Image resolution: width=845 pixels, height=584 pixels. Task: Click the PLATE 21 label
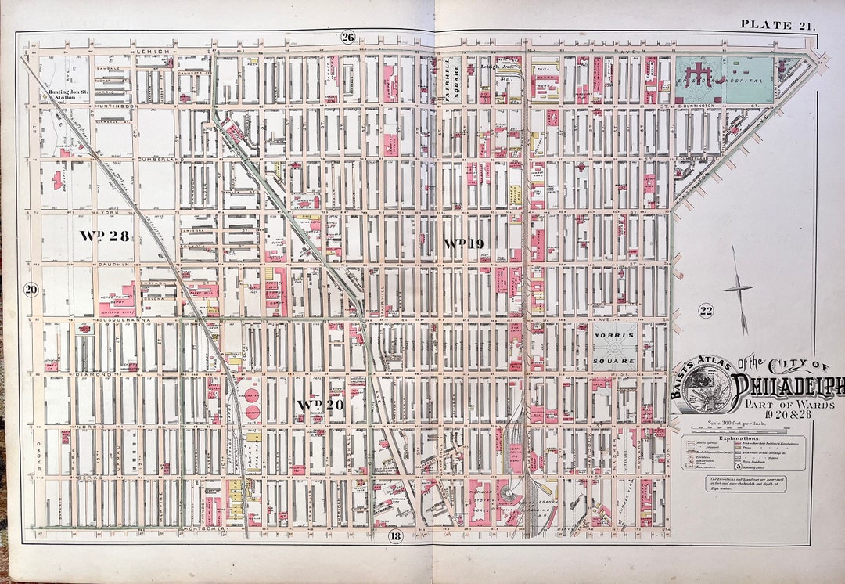[778, 24]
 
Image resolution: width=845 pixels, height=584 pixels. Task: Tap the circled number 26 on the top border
[348, 37]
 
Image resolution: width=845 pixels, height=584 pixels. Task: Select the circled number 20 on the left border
[31, 289]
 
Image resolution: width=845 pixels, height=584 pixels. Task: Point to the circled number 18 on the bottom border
[396, 535]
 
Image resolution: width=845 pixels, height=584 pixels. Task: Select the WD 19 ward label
[463, 243]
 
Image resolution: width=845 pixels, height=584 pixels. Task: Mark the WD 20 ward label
[322, 404]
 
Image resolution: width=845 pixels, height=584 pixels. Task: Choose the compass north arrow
[738, 289]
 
